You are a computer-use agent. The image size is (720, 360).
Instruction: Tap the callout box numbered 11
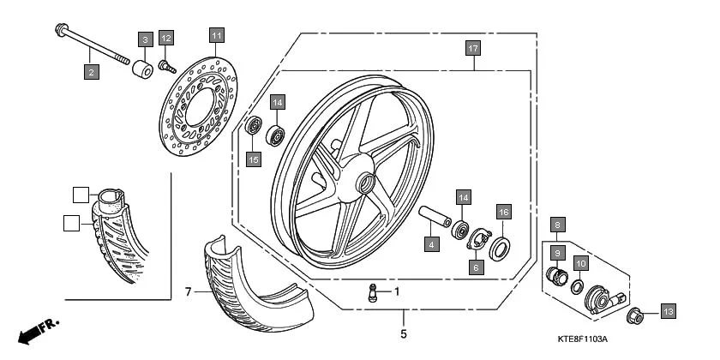[x=216, y=36]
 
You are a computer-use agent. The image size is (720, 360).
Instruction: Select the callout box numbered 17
[x=472, y=48]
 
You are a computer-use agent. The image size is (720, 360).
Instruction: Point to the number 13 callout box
[x=668, y=312]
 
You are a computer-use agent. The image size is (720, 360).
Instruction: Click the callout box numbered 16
[x=504, y=212]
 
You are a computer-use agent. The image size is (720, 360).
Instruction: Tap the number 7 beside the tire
[x=188, y=292]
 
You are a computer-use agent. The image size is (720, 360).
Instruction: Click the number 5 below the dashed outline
[x=403, y=333]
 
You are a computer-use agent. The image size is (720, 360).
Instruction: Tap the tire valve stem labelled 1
[x=373, y=291]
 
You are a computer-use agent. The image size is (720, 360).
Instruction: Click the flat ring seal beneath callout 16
[x=500, y=249]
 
